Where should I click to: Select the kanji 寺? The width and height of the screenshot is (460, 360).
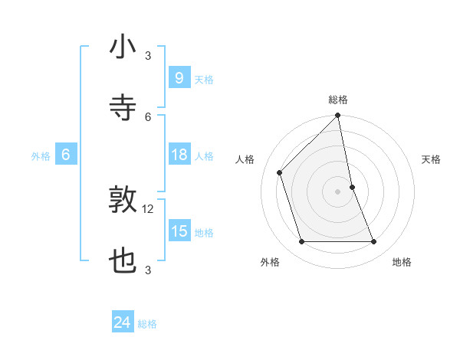(x=123, y=108)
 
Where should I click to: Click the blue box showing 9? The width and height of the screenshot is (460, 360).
(x=179, y=78)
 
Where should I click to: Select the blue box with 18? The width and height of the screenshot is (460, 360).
(x=179, y=155)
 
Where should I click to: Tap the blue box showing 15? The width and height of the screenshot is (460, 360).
(x=179, y=232)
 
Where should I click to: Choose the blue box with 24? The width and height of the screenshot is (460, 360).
(x=122, y=323)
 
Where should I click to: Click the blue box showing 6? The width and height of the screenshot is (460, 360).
(x=66, y=155)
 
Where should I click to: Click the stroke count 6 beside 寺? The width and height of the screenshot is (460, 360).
(x=148, y=117)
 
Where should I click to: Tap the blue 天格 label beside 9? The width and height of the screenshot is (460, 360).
(x=204, y=80)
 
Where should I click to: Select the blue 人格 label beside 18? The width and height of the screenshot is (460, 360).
(x=204, y=156)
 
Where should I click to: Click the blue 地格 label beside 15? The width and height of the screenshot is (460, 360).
(x=204, y=233)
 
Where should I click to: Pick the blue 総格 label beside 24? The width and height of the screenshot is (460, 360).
(x=147, y=324)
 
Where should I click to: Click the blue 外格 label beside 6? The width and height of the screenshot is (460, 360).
(x=41, y=156)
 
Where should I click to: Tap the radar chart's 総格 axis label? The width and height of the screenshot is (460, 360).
(x=338, y=100)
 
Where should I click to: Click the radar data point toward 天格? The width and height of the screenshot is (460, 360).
(x=352, y=187)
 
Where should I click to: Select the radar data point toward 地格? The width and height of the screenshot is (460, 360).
(x=374, y=242)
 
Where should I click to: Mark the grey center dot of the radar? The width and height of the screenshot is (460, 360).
(x=338, y=191)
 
